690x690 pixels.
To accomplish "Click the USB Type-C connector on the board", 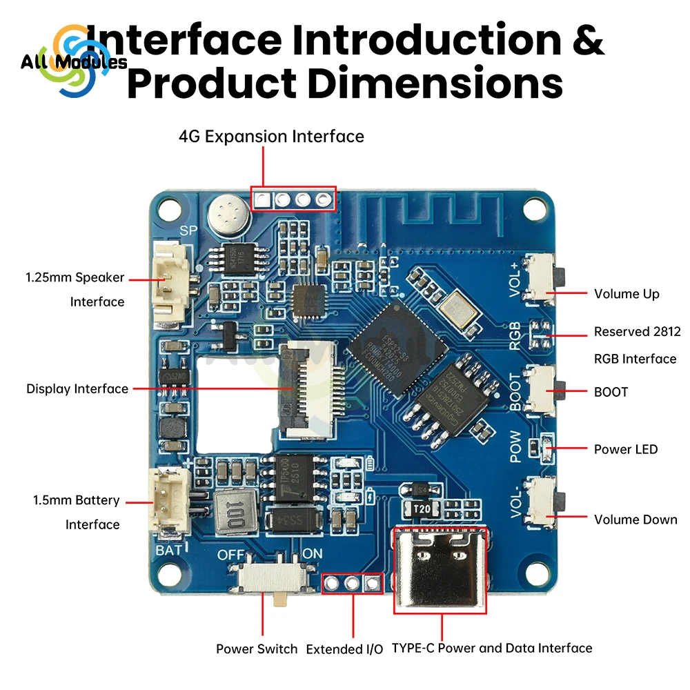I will pyautogui.click(x=440, y=569).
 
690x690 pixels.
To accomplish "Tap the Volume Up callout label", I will pyautogui.click(x=627, y=294).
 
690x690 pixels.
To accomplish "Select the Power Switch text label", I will pyautogui.click(x=257, y=649).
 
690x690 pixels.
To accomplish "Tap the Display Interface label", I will pyautogui.click(x=77, y=389).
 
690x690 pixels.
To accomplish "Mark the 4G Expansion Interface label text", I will pyautogui.click(x=271, y=137).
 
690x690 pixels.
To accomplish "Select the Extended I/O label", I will pyautogui.click(x=344, y=649).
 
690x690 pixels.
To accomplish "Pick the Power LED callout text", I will pyautogui.click(x=626, y=449).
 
